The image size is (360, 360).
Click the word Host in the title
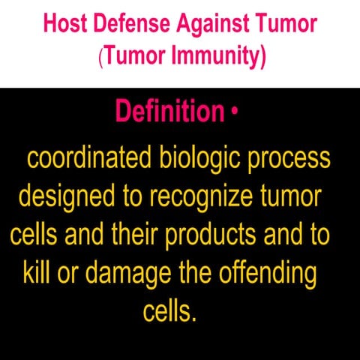pyautogui.click(x=64, y=25)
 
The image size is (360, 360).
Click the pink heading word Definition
pyautogui.click(x=169, y=112)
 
